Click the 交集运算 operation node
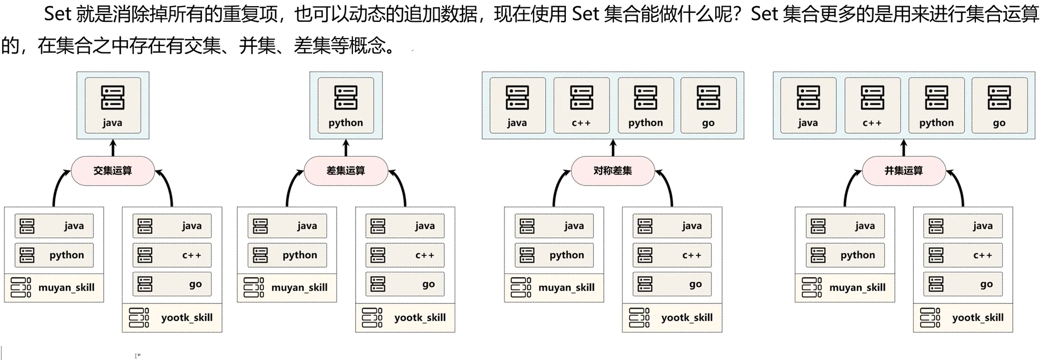[x=112, y=170]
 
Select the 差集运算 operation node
[x=346, y=170]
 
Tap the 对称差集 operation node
[x=612, y=170]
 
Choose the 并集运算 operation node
[x=904, y=170]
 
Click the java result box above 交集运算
[x=112, y=105]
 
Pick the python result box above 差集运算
[x=346, y=105]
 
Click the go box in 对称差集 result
[x=708, y=105]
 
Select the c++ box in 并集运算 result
[x=872, y=105]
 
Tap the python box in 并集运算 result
[x=936, y=105]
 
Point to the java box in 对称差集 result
[x=517, y=105]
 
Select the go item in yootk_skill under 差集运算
[x=405, y=284]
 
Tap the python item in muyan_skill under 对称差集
[x=554, y=255]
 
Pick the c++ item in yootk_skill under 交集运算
[x=172, y=255]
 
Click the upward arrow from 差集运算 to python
[x=346, y=148]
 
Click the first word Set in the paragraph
[x=58, y=14]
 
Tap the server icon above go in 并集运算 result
[x=999, y=97]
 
